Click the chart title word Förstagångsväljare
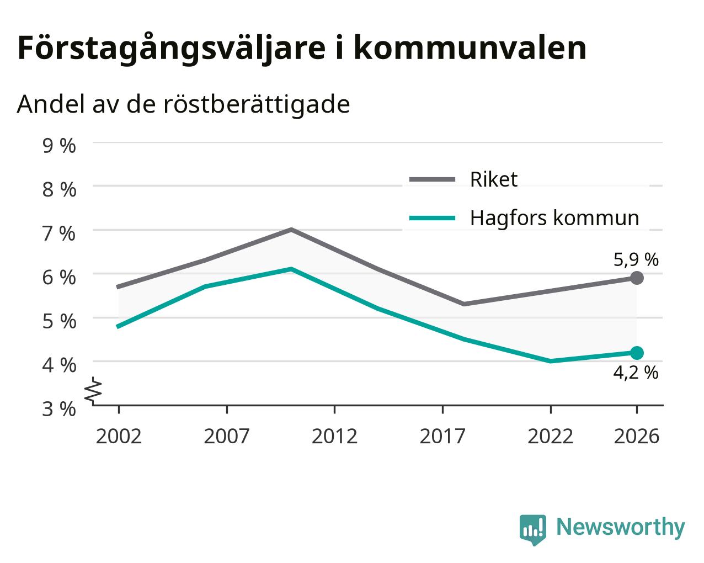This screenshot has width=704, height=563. (x=172, y=49)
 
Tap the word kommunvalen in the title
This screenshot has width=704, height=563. (x=470, y=48)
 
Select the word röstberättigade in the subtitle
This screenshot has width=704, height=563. (x=257, y=104)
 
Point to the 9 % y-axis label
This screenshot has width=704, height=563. (x=59, y=146)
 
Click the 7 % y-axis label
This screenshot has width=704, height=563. (x=59, y=233)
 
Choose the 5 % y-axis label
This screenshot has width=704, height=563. (x=59, y=321)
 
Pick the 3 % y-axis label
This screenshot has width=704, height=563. (x=59, y=409)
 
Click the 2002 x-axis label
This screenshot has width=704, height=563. (x=119, y=436)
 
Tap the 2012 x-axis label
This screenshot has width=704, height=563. (x=334, y=436)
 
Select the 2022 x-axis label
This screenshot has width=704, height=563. (x=551, y=436)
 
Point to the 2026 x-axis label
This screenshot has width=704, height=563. (x=637, y=436)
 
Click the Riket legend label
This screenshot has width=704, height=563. (x=494, y=179)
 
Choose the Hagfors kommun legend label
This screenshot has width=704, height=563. (x=554, y=219)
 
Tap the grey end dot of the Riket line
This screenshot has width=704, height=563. (x=637, y=278)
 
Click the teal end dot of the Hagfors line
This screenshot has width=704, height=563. (x=637, y=353)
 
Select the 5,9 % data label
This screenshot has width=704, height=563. (x=636, y=260)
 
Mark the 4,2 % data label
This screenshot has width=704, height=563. (x=636, y=373)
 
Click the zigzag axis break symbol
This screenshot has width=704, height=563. (x=93, y=390)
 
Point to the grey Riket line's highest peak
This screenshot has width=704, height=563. (x=291, y=230)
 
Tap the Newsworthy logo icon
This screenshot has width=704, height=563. (x=533, y=527)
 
